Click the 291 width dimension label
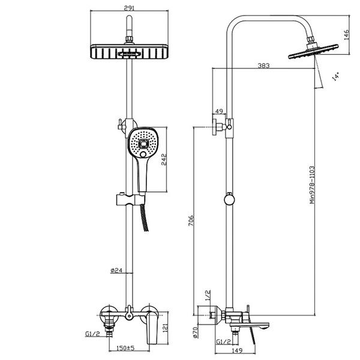click(x=129, y=8)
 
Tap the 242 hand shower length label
click(x=164, y=160)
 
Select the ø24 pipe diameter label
click(x=116, y=270)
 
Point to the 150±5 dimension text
click(x=125, y=348)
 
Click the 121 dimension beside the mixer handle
click(x=165, y=328)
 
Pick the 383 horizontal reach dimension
click(x=263, y=65)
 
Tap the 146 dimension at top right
click(x=346, y=35)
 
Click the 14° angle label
click(x=335, y=76)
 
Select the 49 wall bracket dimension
click(x=219, y=111)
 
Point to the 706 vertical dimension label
click(x=191, y=220)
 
